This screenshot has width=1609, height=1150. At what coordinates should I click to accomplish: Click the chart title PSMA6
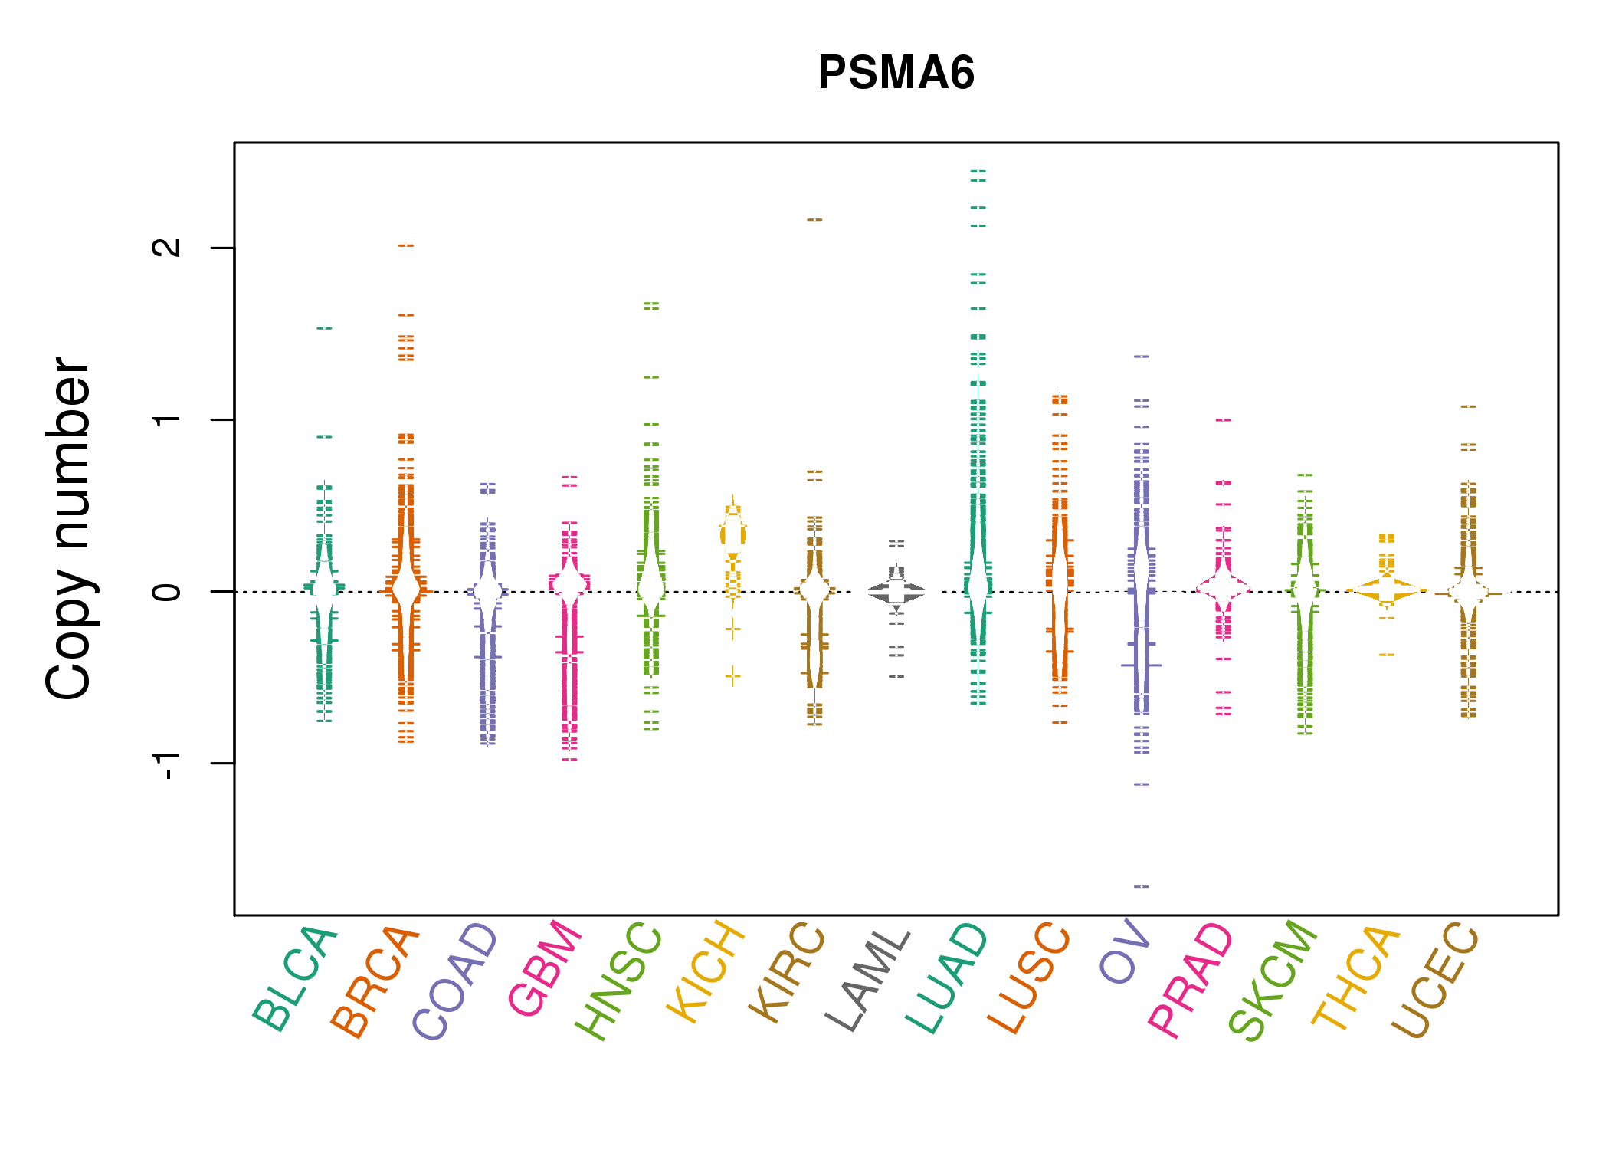pos(896,73)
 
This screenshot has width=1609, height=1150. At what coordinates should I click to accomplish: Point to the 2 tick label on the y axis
pos(167,247)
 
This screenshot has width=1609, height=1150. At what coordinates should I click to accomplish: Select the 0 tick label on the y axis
pos(167,591)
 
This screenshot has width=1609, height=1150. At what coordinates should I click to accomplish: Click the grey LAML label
pos(867,981)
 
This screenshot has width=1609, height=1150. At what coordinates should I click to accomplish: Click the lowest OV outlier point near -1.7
pos(1142,886)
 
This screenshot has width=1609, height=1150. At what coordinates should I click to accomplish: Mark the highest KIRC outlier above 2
pos(814,220)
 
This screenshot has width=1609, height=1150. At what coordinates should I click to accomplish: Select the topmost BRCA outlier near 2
pos(406,245)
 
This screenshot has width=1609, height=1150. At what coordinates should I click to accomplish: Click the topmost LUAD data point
pos(978,172)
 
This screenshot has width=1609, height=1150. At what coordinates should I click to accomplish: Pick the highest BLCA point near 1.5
pos(325,328)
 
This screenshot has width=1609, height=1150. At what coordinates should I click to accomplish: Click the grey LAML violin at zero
pos(896,592)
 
